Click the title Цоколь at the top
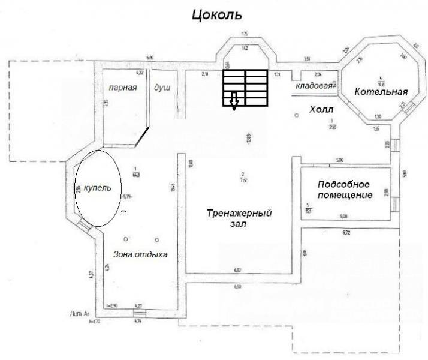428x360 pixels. [x=216, y=15]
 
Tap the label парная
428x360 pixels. [x=123, y=88]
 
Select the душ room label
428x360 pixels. [x=162, y=88]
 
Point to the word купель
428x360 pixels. [x=97, y=188]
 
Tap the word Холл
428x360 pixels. [x=321, y=110]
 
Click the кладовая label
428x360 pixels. [x=314, y=86]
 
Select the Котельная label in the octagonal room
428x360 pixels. [x=381, y=92]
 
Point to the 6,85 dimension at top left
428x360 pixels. [x=150, y=58]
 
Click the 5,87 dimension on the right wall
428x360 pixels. [x=405, y=175]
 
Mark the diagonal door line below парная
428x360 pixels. [x=143, y=136]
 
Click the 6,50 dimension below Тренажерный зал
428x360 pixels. [x=237, y=286]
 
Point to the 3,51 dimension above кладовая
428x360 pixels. [x=306, y=59]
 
